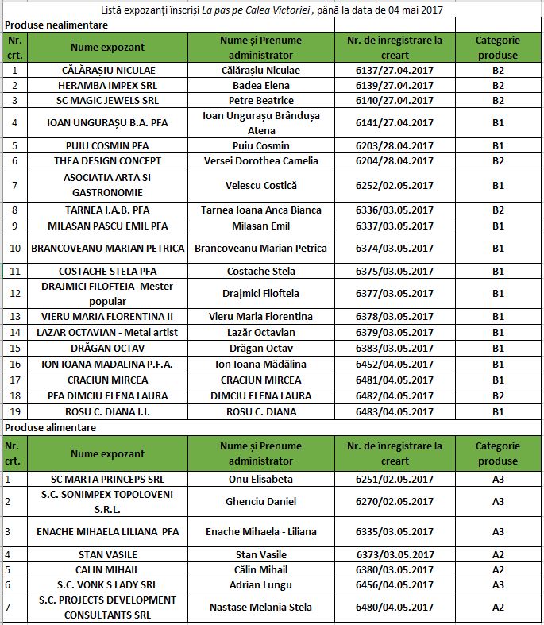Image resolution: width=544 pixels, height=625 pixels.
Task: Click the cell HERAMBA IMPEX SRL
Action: tap(107, 85)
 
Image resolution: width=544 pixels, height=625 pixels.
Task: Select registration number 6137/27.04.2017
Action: tap(395, 70)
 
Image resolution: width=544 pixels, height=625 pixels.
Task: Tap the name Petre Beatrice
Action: tap(260, 100)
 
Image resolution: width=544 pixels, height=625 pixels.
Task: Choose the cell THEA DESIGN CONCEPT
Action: tap(107, 160)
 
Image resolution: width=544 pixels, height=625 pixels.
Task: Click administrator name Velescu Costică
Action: tap(260, 185)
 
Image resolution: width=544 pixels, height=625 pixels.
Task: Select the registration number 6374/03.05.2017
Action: tap(395, 248)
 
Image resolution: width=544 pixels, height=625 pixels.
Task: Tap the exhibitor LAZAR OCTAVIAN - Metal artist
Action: tap(107, 332)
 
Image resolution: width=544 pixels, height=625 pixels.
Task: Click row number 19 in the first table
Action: tap(14, 411)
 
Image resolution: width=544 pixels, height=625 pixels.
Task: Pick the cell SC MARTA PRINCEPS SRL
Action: tap(107, 479)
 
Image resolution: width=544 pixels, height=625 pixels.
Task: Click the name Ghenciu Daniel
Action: tap(260, 501)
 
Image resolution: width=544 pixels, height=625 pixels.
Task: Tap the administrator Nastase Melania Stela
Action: tap(260, 607)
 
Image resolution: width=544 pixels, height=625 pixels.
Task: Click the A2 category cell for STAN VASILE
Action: tap(498, 554)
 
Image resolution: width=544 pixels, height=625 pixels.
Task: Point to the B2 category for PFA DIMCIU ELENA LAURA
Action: tap(498, 395)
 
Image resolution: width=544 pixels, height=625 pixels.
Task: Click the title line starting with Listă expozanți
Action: tap(272, 10)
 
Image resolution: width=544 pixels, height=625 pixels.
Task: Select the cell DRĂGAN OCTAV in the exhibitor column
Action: tap(107, 348)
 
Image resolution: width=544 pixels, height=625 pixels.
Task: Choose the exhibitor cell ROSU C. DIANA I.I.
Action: tap(107, 411)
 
